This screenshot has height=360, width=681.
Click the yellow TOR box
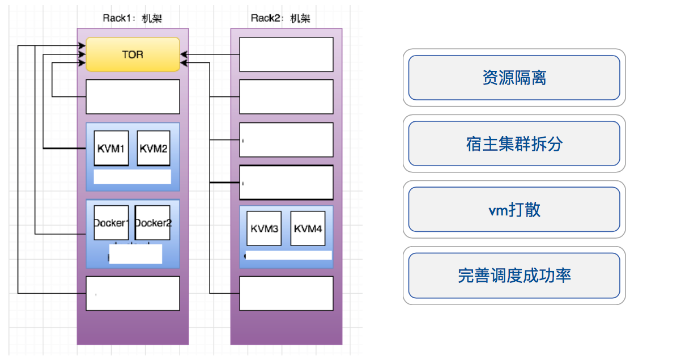[x=133, y=54]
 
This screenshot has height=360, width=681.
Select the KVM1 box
[x=111, y=149]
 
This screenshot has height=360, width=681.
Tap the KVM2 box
[x=154, y=149]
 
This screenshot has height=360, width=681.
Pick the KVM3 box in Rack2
[x=263, y=228]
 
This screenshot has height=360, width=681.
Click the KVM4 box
[x=308, y=228]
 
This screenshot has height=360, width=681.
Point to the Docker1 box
[x=111, y=223]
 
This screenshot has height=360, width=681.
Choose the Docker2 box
[x=153, y=223]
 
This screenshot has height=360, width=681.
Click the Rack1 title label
[x=132, y=18]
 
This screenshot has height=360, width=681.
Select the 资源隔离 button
[x=514, y=78]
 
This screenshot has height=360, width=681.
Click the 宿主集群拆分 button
[x=514, y=144]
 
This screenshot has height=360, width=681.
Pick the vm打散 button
[x=514, y=210]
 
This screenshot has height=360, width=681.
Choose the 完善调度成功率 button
[x=514, y=276]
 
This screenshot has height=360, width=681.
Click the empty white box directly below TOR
[x=133, y=96]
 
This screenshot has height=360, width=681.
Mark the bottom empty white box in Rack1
[x=133, y=293]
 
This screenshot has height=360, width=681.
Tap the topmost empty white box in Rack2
[x=286, y=54]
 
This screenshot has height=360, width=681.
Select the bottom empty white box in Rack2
[x=286, y=293]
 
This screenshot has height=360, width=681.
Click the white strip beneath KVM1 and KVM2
[x=132, y=176]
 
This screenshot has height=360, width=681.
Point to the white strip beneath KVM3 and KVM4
[x=288, y=255]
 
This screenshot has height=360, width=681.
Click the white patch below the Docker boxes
[x=135, y=254]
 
